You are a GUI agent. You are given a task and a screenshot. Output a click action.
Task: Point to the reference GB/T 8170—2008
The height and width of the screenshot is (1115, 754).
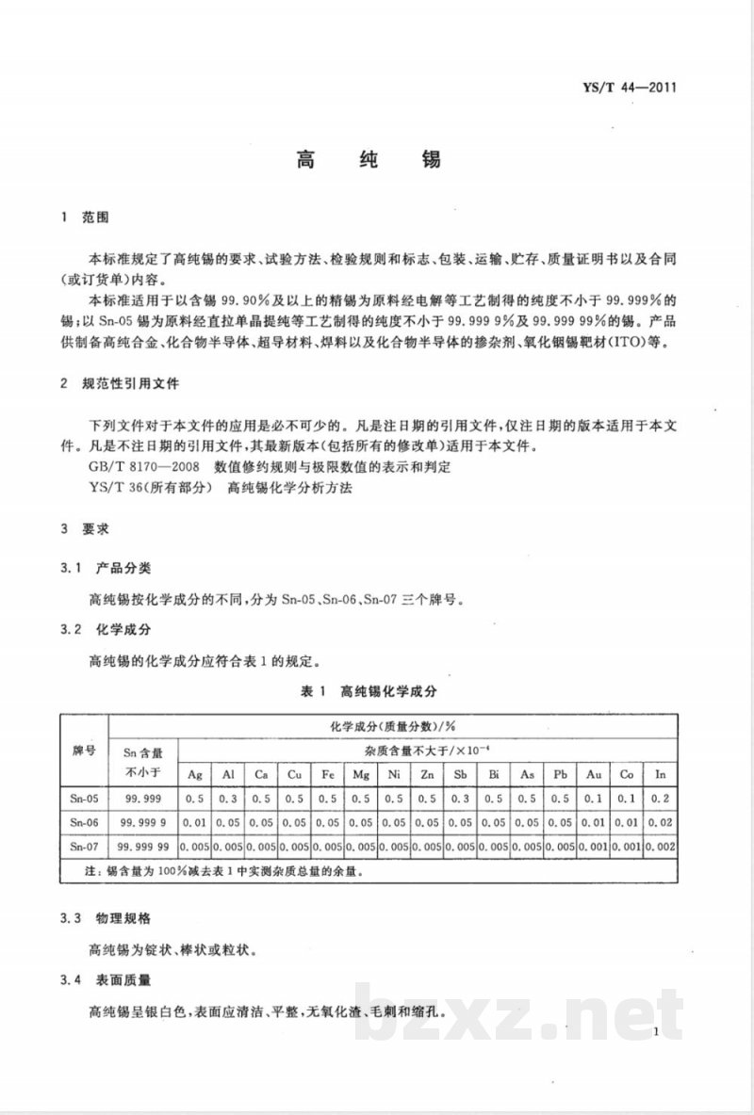point(138,465)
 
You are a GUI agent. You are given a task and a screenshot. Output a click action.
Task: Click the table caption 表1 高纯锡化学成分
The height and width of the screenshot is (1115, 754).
point(369,690)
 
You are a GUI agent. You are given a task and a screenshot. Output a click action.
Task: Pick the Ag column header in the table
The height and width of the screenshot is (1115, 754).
point(195,774)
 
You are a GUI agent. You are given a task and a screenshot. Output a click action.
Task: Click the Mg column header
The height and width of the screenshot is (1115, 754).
point(360,774)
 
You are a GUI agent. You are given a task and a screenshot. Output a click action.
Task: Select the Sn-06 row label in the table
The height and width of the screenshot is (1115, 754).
point(85,821)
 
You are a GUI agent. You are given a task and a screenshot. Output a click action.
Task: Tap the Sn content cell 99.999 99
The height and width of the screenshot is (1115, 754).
point(143,847)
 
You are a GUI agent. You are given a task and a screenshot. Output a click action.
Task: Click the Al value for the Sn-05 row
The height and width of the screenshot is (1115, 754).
point(228,798)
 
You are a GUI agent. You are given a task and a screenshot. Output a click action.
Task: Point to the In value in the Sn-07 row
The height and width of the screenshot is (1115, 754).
point(660,847)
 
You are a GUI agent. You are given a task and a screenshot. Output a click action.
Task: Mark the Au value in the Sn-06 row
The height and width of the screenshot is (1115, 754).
point(594,821)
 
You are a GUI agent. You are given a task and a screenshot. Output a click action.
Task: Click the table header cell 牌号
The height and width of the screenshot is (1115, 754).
point(85,751)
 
